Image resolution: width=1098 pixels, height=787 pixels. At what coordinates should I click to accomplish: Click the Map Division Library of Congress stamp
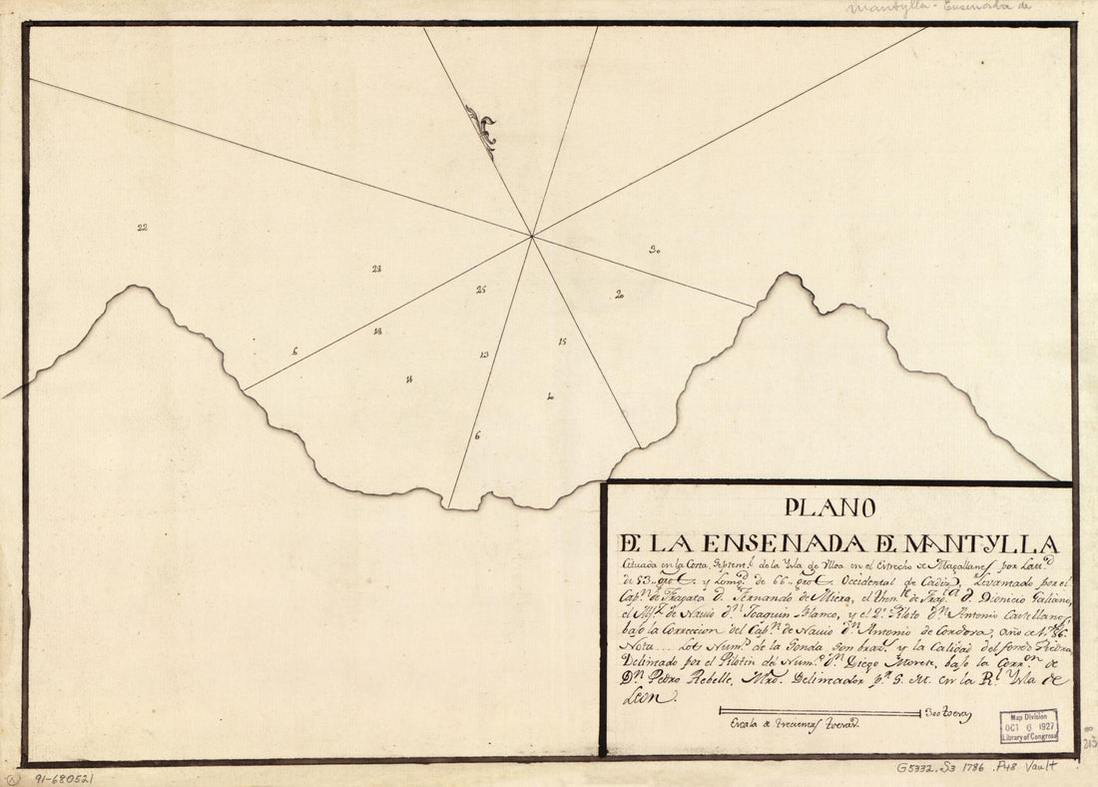point(1029,726)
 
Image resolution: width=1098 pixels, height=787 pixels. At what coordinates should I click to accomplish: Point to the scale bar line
point(819,713)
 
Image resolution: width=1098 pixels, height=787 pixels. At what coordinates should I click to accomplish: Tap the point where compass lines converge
point(532,237)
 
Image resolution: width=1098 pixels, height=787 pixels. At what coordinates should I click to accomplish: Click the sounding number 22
point(143,228)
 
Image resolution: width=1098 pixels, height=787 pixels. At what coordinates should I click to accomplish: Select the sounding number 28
point(376,269)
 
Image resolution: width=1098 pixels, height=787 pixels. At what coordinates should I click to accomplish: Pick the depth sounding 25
point(481,290)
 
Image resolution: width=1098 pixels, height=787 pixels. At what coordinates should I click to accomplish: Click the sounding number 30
point(654,250)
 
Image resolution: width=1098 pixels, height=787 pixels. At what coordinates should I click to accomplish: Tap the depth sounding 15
point(563,342)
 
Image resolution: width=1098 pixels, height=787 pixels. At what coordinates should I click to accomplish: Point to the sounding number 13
point(484,355)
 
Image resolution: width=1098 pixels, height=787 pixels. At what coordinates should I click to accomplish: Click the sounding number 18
point(377,331)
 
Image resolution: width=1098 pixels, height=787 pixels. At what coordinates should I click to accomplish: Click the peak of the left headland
point(138,288)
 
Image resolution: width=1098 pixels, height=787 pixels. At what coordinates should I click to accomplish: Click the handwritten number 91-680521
point(65,775)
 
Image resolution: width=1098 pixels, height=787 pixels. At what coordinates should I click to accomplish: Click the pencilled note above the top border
point(938,8)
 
